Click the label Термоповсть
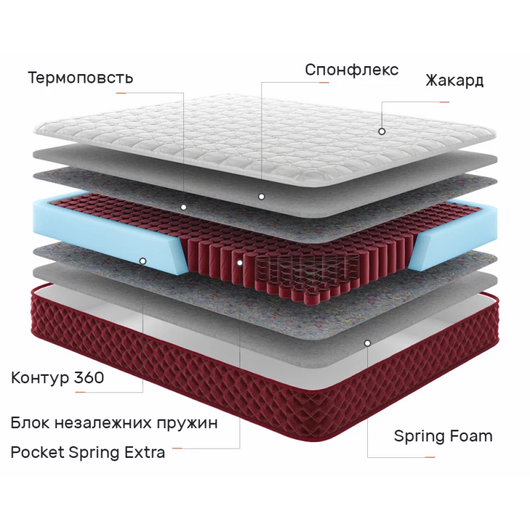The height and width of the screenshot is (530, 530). click(80, 77)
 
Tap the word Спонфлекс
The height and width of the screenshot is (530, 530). click(351, 69)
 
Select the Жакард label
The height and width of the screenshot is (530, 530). click(455, 81)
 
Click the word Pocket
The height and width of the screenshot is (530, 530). click(37, 453)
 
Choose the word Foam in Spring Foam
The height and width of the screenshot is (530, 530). click(470, 436)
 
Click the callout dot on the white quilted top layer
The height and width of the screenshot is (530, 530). click(382, 131)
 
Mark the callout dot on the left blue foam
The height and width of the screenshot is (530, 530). click(143, 261)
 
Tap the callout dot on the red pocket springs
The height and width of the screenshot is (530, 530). click(240, 262)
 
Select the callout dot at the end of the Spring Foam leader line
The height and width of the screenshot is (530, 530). click(367, 343)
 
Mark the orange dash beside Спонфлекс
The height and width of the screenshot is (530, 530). click(324, 83)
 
